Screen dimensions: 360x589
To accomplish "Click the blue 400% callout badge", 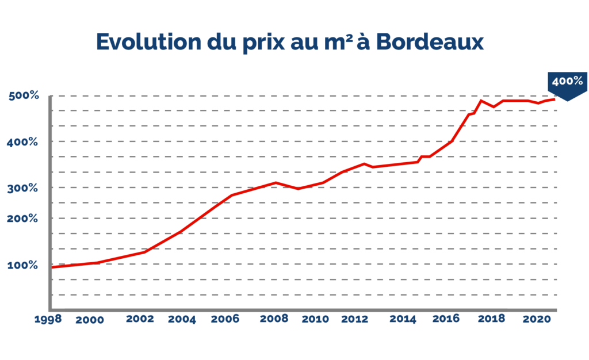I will [567, 83].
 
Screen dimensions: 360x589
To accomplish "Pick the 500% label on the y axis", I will [24, 96].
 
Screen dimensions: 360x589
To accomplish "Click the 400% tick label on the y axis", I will [22, 141].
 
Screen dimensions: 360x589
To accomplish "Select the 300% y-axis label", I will [22, 187].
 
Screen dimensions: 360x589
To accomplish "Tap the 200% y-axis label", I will [22, 219].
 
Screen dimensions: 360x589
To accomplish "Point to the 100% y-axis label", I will [22, 265].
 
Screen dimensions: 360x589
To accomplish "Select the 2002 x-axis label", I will [140, 318].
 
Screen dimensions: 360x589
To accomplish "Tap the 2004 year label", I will [182, 319].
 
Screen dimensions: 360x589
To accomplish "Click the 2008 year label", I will [274, 318].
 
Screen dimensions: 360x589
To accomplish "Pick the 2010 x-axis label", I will [315, 318].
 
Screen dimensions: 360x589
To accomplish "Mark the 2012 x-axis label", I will [354, 318].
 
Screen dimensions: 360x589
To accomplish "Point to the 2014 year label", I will [403, 318].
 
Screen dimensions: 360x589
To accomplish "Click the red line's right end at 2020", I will [554, 99].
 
